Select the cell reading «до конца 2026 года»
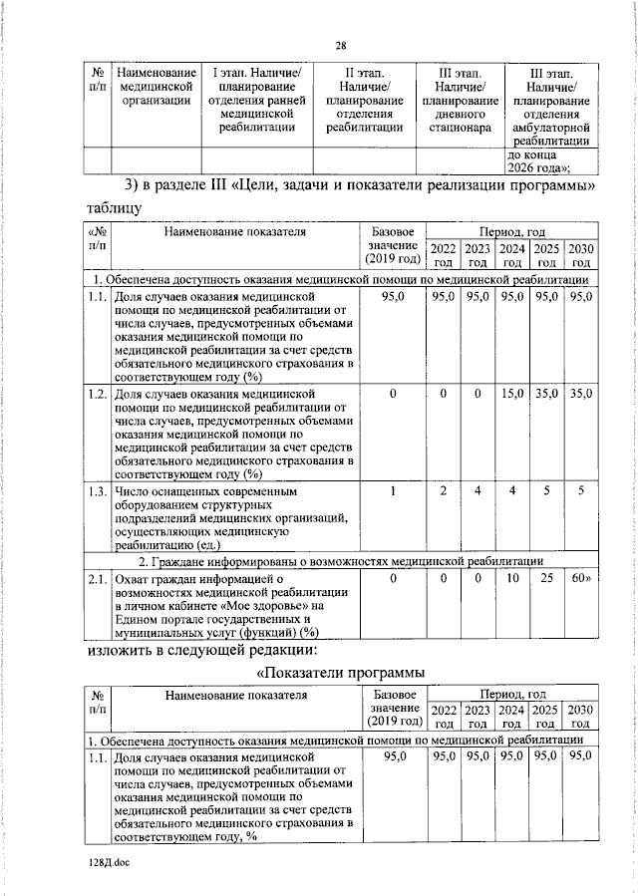[550, 160]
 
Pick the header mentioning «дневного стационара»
[460, 101]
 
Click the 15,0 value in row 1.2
[512, 395]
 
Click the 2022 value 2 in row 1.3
[443, 491]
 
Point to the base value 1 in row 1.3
[393, 491]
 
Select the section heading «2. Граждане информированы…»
[339, 560]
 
